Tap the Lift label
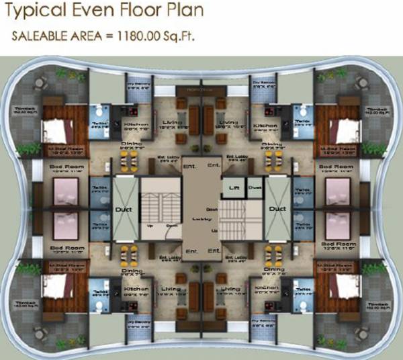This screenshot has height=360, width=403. (234, 187)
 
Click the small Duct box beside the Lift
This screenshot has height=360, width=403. (254, 187)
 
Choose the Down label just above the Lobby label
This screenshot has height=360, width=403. (211, 208)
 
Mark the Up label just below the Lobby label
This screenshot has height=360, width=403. (214, 230)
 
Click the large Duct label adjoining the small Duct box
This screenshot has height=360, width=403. (277, 210)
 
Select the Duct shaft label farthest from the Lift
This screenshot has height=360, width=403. (126, 210)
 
